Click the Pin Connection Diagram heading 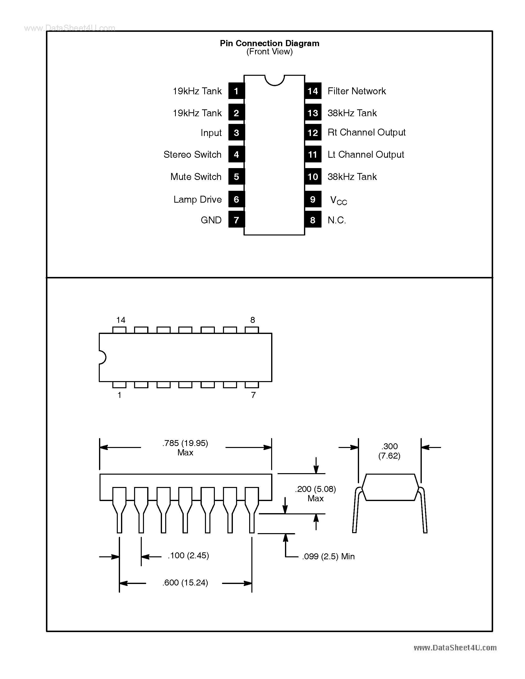point(269,43)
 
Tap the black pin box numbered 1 point(236,91)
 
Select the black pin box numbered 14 point(313,91)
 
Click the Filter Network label point(356,91)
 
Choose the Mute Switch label point(196,176)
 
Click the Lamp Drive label point(198,199)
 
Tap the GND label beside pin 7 point(211,220)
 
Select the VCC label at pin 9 point(338,200)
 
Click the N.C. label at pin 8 point(337,220)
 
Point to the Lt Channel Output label point(365,155)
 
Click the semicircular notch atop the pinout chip point(274,80)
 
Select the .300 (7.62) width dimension point(389,451)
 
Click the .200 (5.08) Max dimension point(315,493)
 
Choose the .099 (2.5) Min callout point(328,557)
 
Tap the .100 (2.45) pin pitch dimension point(188,556)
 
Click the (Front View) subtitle point(269,52)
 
